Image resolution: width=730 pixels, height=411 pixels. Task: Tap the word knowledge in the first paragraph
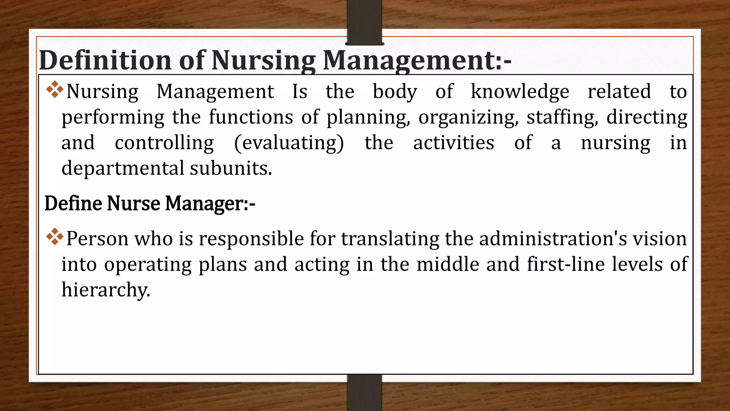520,92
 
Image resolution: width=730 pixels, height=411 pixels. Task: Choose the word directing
647,117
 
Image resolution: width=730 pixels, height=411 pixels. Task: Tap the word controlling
164,143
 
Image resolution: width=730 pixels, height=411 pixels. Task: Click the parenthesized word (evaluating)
289,143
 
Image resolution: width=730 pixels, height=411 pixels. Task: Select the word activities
453,143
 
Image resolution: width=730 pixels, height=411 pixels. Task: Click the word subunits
231,168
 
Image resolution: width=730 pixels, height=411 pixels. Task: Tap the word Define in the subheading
73,204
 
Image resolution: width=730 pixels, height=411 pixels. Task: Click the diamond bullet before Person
55,237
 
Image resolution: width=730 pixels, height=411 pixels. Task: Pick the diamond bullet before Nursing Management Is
55,89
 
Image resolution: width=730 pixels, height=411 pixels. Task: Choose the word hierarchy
106,290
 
